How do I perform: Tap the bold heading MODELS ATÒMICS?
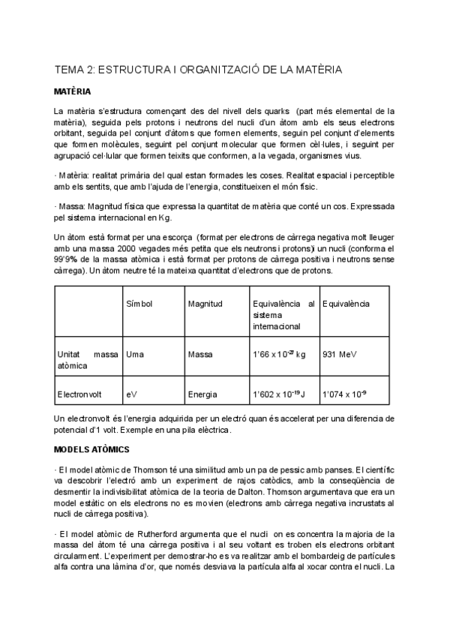(92, 449)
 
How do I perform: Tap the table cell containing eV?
(132, 391)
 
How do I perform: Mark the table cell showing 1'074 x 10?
(344, 391)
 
